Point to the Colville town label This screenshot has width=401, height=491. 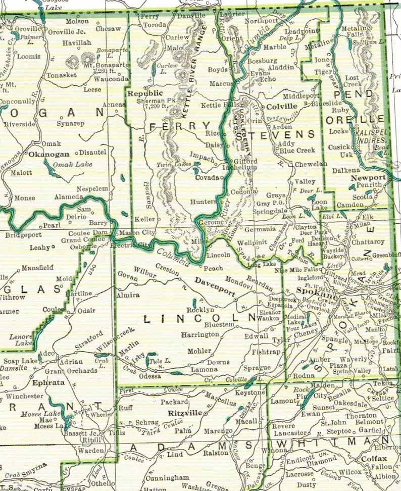point(282,107)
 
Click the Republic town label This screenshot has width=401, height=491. point(144,93)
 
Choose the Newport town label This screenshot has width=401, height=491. point(369,178)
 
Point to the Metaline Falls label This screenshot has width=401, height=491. point(355,32)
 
